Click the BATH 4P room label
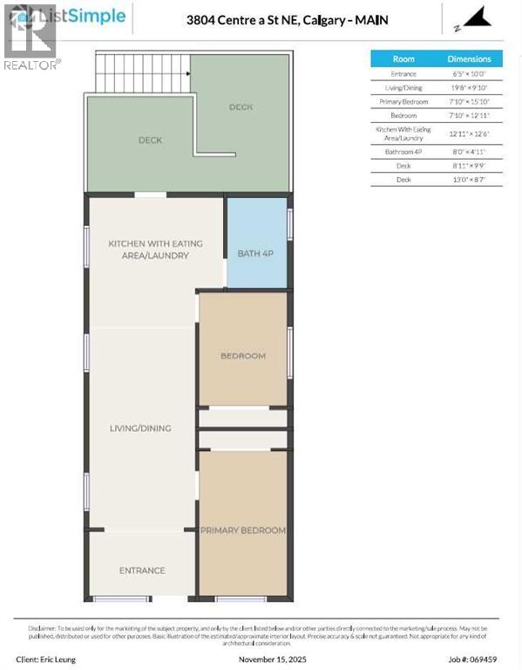pyautogui.click(x=256, y=254)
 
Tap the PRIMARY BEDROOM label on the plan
pyautogui.click(x=243, y=530)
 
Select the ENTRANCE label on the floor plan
pyautogui.click(x=142, y=571)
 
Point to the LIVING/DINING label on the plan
pyautogui.click(x=140, y=428)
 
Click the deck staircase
pyautogui.click(x=143, y=73)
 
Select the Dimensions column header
pyautogui.click(x=475, y=59)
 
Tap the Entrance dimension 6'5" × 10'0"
pyautogui.click(x=475, y=74)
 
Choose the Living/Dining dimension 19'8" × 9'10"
pyautogui.click(x=475, y=87)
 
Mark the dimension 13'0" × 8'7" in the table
pyautogui.click(x=475, y=179)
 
